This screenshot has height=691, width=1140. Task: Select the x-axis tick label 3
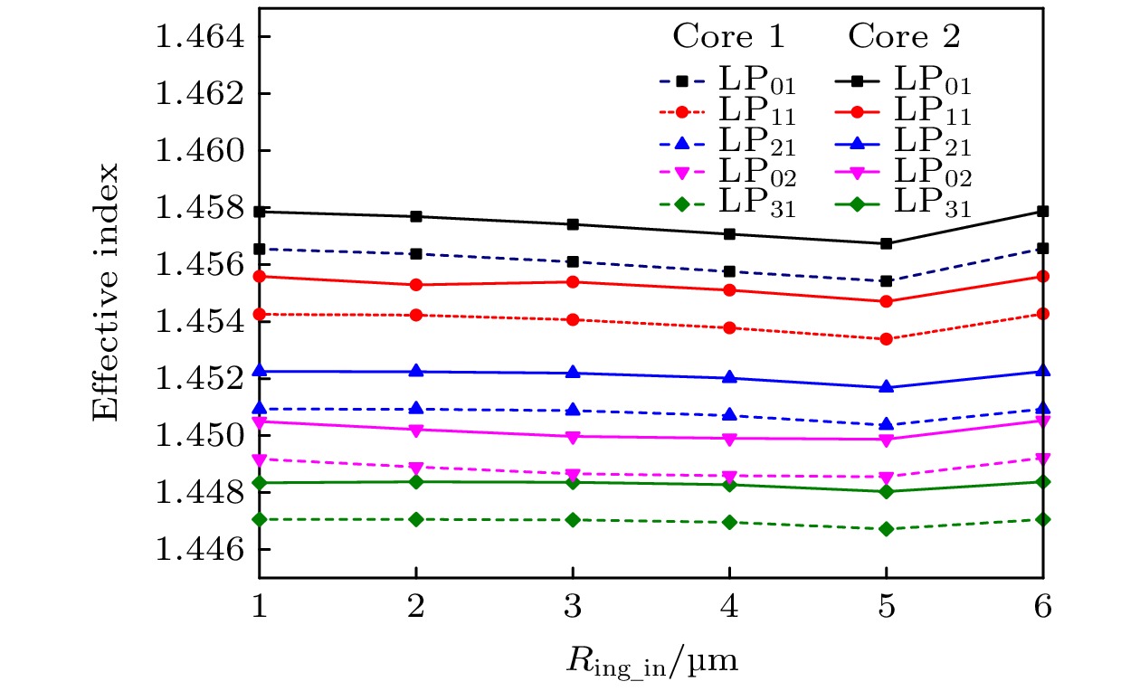573,608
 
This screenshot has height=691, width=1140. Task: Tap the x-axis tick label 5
887,608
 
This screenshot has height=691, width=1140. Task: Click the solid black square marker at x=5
887,243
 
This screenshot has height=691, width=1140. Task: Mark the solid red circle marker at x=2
415,285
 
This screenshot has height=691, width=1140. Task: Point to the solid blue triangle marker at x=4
729,377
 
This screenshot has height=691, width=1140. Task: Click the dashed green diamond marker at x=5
887,528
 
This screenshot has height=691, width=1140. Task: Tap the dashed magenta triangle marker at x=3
573,475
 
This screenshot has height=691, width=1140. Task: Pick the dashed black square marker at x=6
1043,248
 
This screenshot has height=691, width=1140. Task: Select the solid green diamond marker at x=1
260,483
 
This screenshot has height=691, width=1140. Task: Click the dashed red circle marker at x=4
729,327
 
